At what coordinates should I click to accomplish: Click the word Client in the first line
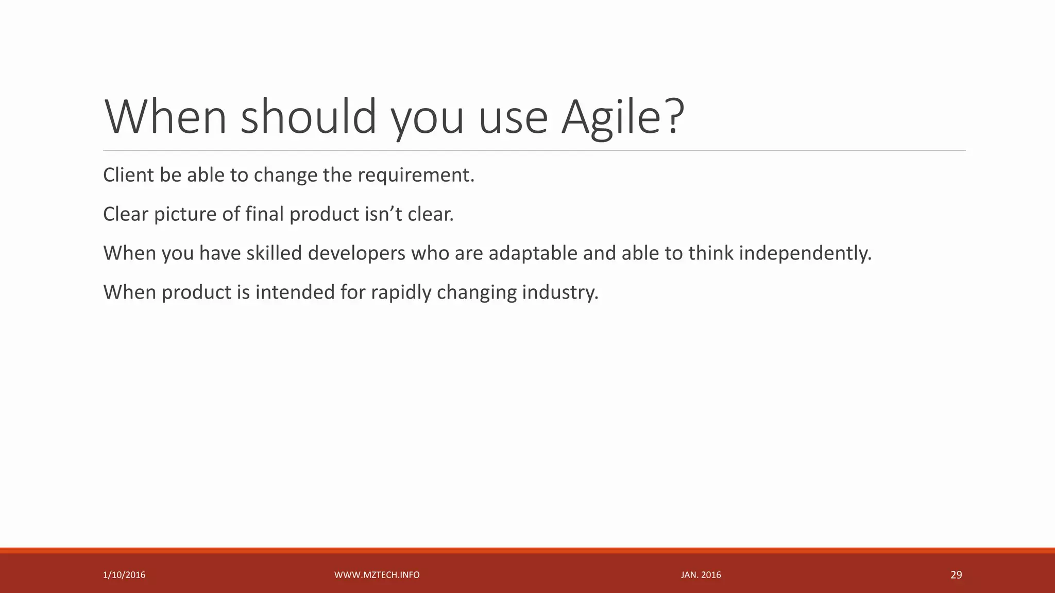pyautogui.click(x=128, y=175)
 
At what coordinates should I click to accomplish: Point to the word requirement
pyautogui.click(x=416, y=176)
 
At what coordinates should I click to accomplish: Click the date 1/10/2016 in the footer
pyautogui.click(x=124, y=575)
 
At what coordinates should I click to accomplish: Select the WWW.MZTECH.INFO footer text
pyautogui.click(x=377, y=575)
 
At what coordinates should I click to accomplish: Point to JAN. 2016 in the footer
pyautogui.click(x=701, y=575)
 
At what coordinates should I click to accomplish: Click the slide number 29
pyautogui.click(x=956, y=575)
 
